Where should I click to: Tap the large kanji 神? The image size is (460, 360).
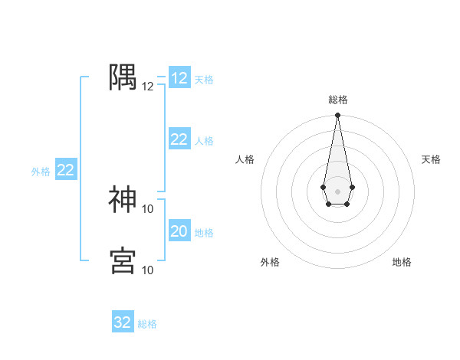point(123,199)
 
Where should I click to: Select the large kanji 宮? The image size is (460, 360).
point(123,260)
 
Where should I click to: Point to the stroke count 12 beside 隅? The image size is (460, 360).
point(148,87)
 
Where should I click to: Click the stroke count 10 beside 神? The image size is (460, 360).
point(148,208)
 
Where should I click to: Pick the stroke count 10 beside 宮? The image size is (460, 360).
point(148,270)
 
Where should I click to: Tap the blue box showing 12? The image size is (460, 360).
point(179,78)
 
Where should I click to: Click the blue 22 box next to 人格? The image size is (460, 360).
point(179,139)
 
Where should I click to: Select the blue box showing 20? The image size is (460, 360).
point(179,231)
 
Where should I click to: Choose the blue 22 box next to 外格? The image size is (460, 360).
point(65,170)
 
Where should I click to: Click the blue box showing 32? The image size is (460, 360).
point(123,322)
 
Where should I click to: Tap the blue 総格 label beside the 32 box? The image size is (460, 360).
point(148,324)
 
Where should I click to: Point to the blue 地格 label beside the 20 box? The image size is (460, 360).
point(205,233)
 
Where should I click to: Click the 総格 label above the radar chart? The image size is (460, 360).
point(337,100)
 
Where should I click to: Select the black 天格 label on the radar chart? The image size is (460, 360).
point(432,159)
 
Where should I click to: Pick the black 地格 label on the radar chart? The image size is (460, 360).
point(402,263)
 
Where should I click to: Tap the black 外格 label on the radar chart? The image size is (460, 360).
point(270,263)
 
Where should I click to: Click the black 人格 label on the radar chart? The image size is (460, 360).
point(245,159)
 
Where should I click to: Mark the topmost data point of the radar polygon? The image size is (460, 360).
point(337,116)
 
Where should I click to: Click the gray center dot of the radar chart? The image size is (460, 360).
point(337,190)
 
